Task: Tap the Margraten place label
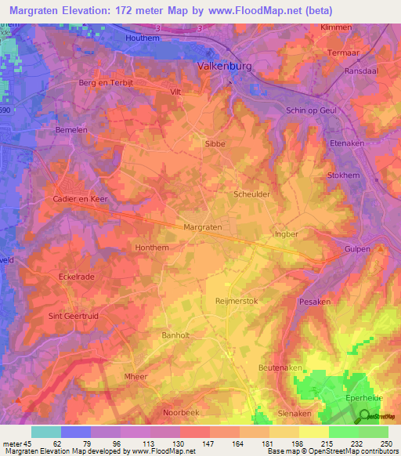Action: (203, 226)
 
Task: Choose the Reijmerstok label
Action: (236, 300)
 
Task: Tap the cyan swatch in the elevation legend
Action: (45, 432)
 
